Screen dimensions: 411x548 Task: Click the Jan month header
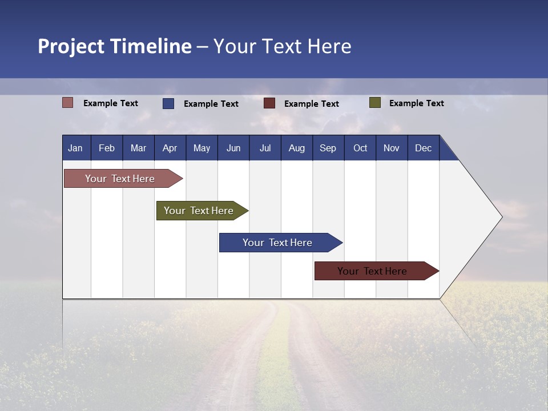[75, 148]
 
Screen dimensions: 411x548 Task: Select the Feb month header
[107, 148]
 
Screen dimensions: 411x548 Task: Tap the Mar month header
[138, 148]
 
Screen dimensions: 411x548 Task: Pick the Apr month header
[170, 148]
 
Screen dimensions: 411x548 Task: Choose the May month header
[202, 148]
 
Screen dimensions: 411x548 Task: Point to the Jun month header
[233, 148]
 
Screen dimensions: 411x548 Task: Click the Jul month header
[265, 148]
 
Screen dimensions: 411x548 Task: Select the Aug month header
[296, 148]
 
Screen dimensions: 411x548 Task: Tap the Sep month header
[328, 148]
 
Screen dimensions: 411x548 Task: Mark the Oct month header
[360, 148]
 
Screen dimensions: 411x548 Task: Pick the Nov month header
[392, 148]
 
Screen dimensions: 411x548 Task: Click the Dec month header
[423, 148]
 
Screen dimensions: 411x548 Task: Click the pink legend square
[68, 103]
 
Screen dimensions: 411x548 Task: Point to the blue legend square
[168, 103]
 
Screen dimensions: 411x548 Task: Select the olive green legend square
[375, 103]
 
